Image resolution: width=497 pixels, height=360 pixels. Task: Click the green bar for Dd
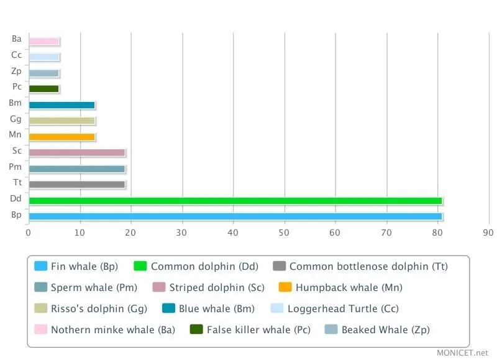(x=235, y=200)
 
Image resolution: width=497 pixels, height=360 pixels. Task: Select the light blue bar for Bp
(x=235, y=216)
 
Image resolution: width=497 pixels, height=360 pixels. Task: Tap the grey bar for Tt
(x=76, y=184)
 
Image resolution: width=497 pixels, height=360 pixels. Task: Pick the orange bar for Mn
(x=62, y=137)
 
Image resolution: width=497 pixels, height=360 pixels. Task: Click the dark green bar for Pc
(x=43, y=89)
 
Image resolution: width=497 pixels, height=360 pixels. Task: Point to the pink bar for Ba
(x=43, y=41)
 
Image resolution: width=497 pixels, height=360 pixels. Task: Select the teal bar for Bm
(x=62, y=105)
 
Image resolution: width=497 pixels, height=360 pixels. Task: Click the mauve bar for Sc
(x=76, y=152)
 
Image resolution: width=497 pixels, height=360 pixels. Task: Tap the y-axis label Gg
(x=16, y=119)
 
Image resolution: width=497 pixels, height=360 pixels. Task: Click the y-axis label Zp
(x=16, y=71)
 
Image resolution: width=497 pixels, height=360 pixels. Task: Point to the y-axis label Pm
(x=16, y=167)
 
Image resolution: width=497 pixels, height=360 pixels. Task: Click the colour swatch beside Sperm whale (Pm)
(x=41, y=287)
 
